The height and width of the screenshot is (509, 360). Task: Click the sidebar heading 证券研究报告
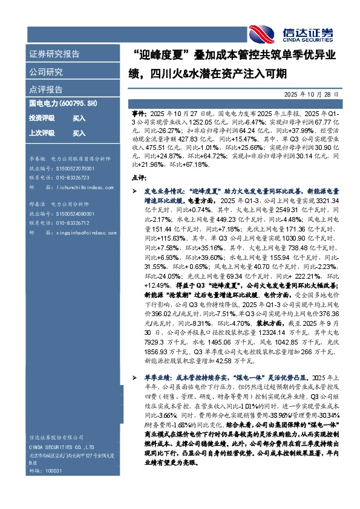[x=54, y=54]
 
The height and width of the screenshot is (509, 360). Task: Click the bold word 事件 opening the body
[x=138, y=113]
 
